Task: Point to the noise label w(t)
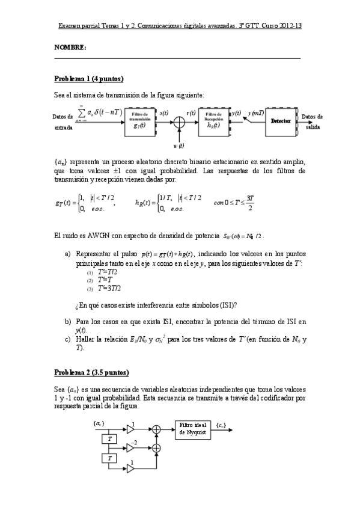point(178,146)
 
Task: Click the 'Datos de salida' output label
point(312,121)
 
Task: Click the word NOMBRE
point(70,47)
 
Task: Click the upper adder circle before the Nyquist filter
point(157,429)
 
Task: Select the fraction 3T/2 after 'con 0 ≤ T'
point(250,203)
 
